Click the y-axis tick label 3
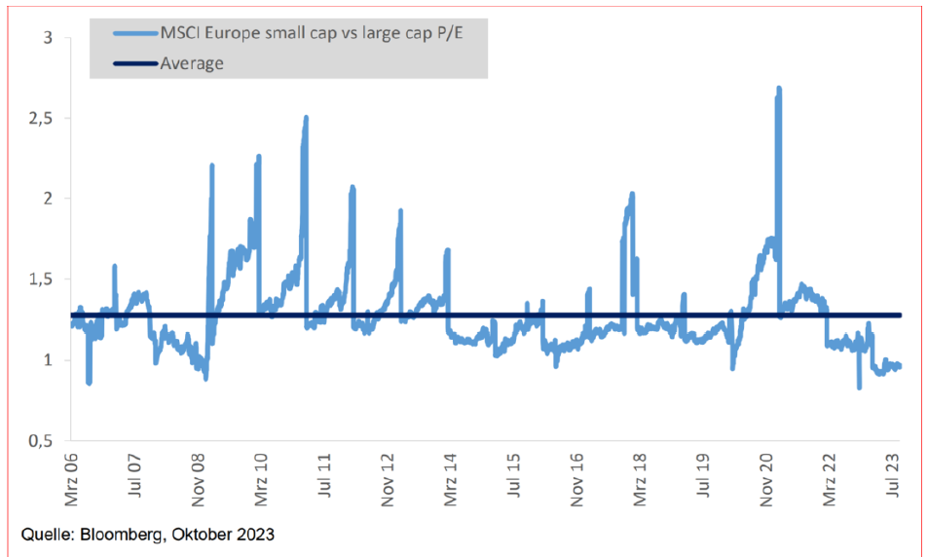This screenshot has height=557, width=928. click(x=45, y=38)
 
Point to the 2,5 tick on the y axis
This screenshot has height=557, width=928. click(x=38, y=119)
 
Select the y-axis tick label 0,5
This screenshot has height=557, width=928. click(x=38, y=440)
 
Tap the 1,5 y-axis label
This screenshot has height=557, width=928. click(x=38, y=279)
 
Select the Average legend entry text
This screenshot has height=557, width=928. click(x=194, y=63)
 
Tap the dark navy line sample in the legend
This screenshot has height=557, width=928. click(x=133, y=63)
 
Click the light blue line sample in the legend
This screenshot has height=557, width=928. click(x=133, y=34)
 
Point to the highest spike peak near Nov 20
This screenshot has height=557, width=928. click(x=779, y=89)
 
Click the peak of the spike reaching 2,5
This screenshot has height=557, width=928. click(x=306, y=118)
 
